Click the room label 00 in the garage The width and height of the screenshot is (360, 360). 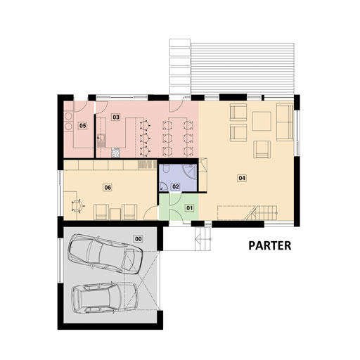[x=139, y=239]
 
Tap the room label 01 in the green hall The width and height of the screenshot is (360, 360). [x=189, y=208]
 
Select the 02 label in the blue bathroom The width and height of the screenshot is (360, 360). [x=176, y=186]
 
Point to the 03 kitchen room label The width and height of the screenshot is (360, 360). [x=116, y=117]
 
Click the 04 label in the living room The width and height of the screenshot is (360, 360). [x=242, y=178]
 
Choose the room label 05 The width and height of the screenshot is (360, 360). [x=82, y=126]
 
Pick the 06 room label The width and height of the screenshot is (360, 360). [x=108, y=188]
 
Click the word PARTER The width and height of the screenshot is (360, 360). [x=270, y=246]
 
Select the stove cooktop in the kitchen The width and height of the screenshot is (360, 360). [x=115, y=153]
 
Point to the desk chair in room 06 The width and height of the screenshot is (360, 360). [x=77, y=206]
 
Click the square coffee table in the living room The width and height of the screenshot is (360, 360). [x=262, y=121]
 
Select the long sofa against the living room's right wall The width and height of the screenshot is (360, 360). [x=285, y=122]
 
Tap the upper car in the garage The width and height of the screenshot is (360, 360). [x=105, y=255]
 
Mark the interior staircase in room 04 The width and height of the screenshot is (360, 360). [x=261, y=213]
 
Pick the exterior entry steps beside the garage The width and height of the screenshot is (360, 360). [x=203, y=239]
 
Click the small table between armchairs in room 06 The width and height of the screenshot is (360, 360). [x=115, y=214]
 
